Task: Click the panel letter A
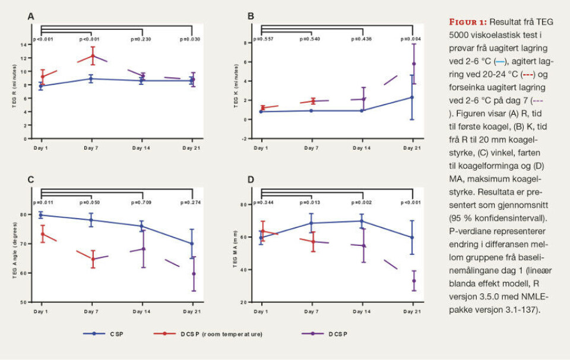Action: click(30, 17)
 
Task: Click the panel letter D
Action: click(251, 179)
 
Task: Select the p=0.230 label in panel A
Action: click(141, 39)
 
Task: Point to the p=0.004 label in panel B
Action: click(411, 39)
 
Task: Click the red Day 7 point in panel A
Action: click(91, 56)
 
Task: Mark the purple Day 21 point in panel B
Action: click(414, 64)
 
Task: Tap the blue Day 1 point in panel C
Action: click(41, 215)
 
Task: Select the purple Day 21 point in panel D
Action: click(414, 281)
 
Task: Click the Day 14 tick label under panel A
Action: click(141, 147)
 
